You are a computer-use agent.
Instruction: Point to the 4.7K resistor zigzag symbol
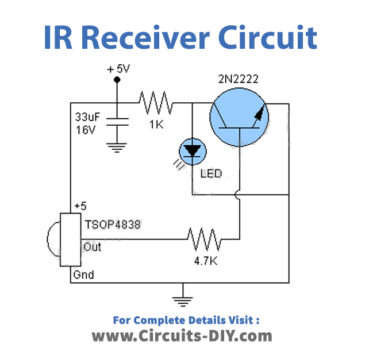[204, 239]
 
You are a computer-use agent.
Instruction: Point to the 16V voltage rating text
[87, 128]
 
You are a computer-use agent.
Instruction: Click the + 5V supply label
[119, 69]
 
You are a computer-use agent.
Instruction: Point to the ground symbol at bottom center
[181, 296]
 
